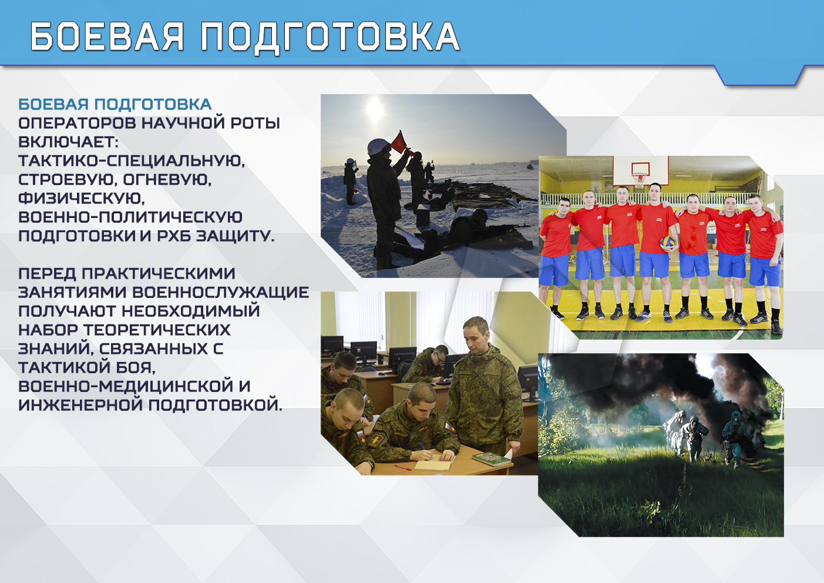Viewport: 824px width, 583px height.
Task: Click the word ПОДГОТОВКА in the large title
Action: coord(330,37)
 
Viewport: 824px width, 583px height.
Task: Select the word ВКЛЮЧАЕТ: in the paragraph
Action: coord(68,142)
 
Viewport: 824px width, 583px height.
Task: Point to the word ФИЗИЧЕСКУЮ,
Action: coord(82,199)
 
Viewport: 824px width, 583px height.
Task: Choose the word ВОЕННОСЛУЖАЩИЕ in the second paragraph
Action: coord(220,292)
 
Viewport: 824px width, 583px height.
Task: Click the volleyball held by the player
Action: coord(667,243)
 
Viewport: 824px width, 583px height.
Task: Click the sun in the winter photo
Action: coord(375,109)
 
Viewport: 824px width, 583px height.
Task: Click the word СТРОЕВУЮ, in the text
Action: coord(68,180)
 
